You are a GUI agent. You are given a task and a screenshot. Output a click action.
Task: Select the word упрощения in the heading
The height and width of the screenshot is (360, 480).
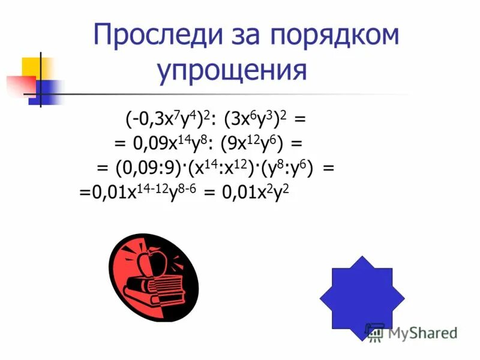pos(232,71)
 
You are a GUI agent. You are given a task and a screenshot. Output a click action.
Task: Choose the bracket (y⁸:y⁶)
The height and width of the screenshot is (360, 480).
pos(282,169)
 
